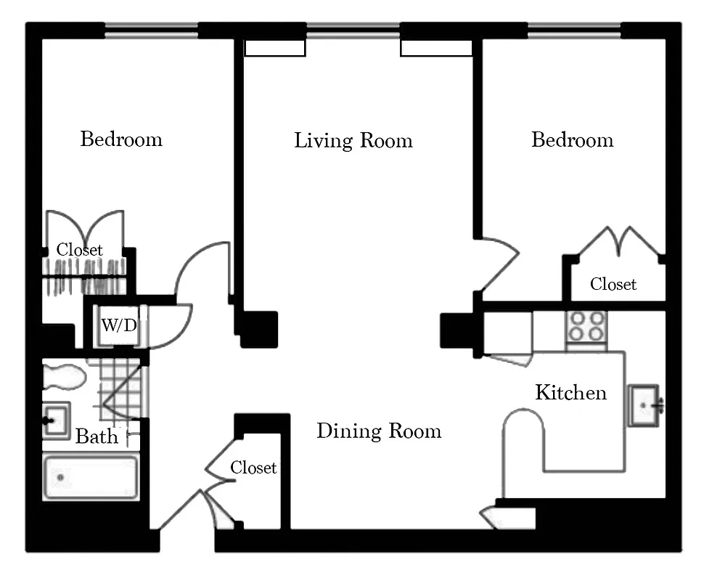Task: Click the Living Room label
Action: (353, 140)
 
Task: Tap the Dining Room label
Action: (378, 431)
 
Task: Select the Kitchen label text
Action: (570, 393)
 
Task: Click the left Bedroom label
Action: (121, 139)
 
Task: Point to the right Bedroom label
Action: (572, 139)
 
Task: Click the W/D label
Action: (118, 325)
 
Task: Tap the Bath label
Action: (97, 436)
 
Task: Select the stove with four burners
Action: (586, 327)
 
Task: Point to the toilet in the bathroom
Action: (63, 378)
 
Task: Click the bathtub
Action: (91, 477)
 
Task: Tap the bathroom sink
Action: (55, 420)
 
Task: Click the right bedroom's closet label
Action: (613, 284)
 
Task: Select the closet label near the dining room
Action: (253, 468)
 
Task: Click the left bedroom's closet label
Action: (80, 250)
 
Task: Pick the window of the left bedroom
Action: (151, 31)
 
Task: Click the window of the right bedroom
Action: (573, 31)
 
